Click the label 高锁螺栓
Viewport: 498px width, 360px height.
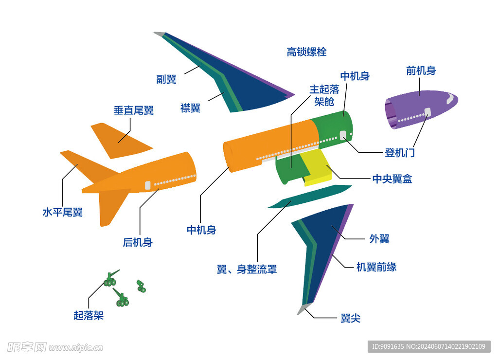click(x=306, y=52)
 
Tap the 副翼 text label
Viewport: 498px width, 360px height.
click(x=166, y=79)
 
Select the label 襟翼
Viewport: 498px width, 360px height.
click(x=190, y=108)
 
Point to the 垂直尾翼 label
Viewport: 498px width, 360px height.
click(x=133, y=110)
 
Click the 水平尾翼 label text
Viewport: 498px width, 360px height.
click(x=62, y=212)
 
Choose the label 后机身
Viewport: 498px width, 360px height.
click(x=138, y=242)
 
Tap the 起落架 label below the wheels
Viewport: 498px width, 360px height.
click(x=89, y=315)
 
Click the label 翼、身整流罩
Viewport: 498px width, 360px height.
click(x=247, y=269)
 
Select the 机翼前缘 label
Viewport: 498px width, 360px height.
click(x=376, y=267)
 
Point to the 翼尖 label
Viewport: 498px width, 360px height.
click(x=350, y=319)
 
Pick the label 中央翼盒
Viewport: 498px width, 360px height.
click(x=392, y=179)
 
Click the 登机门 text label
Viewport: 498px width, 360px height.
click(x=400, y=153)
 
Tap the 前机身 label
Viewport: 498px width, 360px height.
click(x=421, y=71)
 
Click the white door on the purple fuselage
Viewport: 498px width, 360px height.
click(x=428, y=112)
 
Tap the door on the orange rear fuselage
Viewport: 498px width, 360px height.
click(x=147, y=185)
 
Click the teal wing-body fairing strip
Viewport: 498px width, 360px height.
click(x=309, y=196)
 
